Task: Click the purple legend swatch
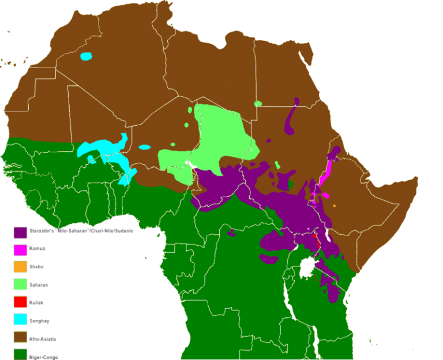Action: (x=20, y=232)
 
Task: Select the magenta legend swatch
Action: (x=20, y=249)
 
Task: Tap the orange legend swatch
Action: (x=20, y=267)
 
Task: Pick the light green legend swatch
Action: (x=20, y=284)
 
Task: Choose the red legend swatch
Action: (x=20, y=302)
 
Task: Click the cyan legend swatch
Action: (x=20, y=320)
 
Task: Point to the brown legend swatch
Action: (x=20, y=337)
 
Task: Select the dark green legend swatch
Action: (x=20, y=354)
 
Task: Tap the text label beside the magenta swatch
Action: (x=37, y=249)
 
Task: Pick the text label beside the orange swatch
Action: (x=36, y=267)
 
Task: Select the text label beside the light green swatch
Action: (x=39, y=284)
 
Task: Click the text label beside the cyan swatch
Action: (x=39, y=320)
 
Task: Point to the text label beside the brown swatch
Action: (x=42, y=338)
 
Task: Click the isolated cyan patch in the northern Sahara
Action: (x=86, y=57)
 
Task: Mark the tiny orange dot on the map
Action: (x=335, y=205)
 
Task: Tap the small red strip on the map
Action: (x=315, y=238)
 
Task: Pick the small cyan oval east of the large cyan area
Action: (x=144, y=147)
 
